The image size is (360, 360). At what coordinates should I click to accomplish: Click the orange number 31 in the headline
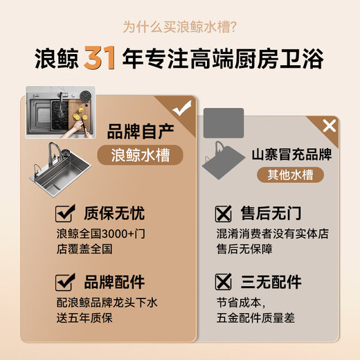point(100,57)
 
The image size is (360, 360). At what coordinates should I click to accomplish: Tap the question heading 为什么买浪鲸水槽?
point(180,27)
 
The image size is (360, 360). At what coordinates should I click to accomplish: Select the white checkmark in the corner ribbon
point(182,108)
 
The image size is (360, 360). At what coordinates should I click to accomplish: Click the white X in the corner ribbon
point(330,126)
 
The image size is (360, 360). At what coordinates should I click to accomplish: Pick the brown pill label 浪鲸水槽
point(141,155)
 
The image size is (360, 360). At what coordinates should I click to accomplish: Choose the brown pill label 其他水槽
point(290,174)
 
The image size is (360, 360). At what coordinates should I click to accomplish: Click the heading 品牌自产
point(141,131)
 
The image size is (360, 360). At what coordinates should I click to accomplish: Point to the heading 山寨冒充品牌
point(291,154)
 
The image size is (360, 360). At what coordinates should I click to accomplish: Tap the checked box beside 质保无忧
point(64,213)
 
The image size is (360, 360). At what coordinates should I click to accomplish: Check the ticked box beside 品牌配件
point(64,282)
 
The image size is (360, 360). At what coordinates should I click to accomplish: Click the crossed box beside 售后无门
point(223,214)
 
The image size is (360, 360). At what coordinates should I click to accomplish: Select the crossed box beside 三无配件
point(223,282)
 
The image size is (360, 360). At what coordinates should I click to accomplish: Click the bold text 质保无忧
point(114,213)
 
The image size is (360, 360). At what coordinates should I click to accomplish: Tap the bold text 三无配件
point(271,282)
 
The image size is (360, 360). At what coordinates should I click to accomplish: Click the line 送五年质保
point(84,318)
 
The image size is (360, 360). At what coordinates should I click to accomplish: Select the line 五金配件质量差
point(255,318)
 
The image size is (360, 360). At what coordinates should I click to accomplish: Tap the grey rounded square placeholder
point(224,123)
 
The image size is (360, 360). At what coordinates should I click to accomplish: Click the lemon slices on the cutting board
point(81,114)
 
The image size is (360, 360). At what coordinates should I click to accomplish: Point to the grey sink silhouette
point(223,161)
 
